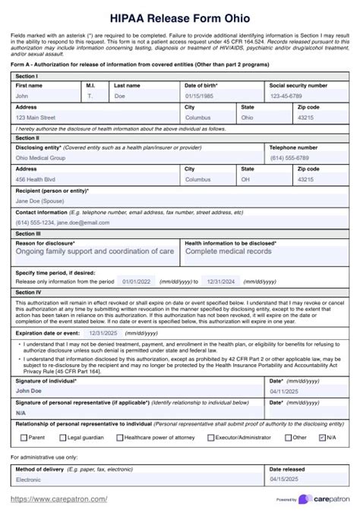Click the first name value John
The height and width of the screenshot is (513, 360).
click(x=23, y=96)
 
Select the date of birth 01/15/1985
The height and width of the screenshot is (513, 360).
click(x=199, y=96)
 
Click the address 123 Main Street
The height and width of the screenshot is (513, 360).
click(x=36, y=118)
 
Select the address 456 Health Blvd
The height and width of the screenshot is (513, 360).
click(x=36, y=179)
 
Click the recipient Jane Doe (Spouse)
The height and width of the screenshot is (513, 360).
click(x=39, y=201)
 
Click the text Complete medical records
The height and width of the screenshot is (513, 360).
click(x=228, y=251)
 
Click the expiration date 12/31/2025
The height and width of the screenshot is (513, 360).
click(x=102, y=332)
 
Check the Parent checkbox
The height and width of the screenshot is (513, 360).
click(x=23, y=437)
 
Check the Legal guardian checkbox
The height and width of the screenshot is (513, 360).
click(x=62, y=437)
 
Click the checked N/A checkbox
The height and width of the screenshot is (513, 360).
click(x=323, y=437)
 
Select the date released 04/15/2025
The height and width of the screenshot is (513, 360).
click(x=286, y=480)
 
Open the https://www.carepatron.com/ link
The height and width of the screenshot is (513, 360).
click(x=59, y=499)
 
